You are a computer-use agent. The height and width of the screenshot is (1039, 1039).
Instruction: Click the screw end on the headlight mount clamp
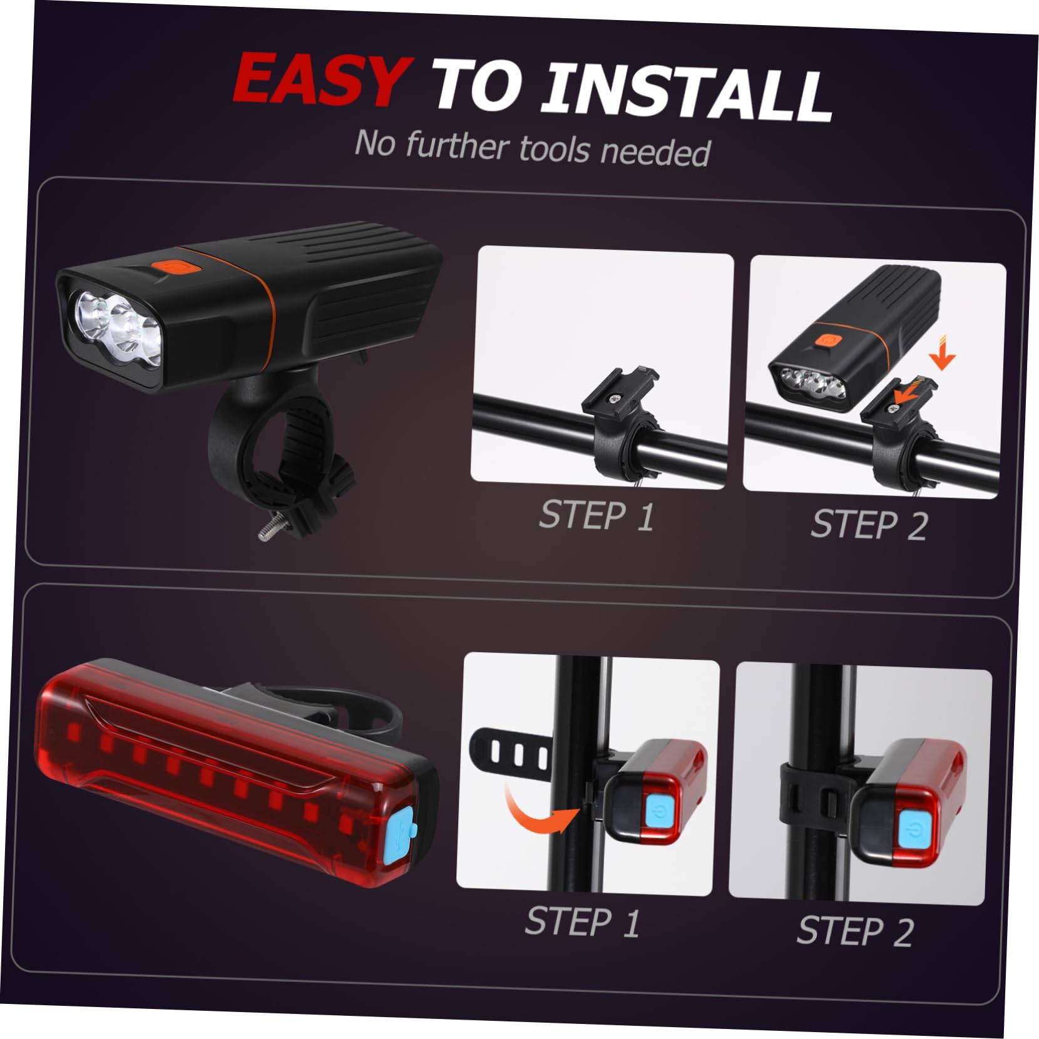265,532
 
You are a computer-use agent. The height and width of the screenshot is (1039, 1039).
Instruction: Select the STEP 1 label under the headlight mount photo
596,516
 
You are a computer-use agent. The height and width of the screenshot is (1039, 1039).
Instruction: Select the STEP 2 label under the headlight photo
869,524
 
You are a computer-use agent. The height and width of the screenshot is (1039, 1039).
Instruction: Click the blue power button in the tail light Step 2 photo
916,828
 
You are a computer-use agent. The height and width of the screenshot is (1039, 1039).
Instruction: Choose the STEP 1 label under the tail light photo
582,922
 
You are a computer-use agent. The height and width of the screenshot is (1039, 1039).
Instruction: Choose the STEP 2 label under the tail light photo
855,931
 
